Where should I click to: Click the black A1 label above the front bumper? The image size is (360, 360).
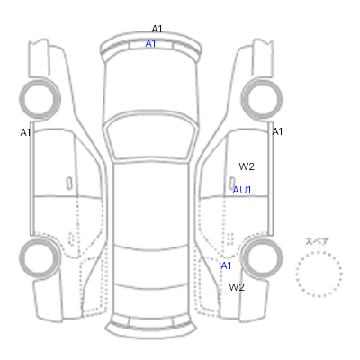(157, 29)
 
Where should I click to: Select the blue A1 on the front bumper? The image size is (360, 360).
(150, 44)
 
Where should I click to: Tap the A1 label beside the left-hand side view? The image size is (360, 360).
(25, 132)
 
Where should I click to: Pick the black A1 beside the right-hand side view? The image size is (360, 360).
(277, 131)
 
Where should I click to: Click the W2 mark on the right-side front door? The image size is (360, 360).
(247, 166)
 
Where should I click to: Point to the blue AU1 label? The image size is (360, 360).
(242, 190)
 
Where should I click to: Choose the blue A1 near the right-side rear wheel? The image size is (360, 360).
(226, 265)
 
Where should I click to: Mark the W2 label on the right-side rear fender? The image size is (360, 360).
(237, 287)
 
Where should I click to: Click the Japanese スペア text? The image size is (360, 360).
(317, 242)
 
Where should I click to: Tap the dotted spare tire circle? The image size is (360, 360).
(319, 252)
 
